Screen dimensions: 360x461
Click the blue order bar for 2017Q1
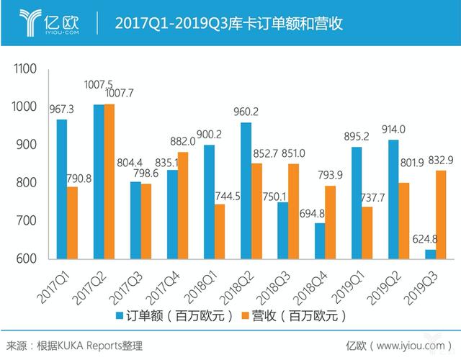pyautogui.click(x=62, y=189)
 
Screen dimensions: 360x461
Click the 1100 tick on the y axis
pyautogui.click(x=24, y=70)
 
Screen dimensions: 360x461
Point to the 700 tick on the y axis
pyautogui.click(x=27, y=222)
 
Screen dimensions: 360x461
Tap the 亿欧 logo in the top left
pyautogui.click(x=50, y=22)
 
